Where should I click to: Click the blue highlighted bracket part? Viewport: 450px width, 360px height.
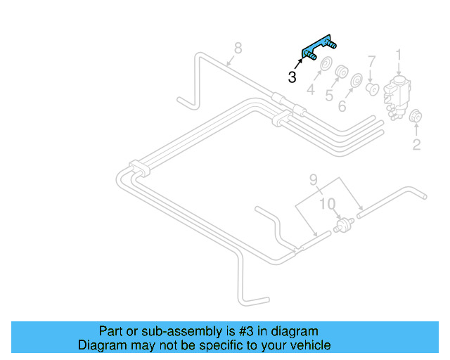click(x=319, y=48)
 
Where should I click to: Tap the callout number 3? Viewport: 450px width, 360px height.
click(x=292, y=77)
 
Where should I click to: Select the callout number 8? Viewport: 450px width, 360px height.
click(x=238, y=48)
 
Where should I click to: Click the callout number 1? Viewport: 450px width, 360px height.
click(x=399, y=55)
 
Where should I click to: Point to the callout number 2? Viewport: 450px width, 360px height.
click(x=416, y=145)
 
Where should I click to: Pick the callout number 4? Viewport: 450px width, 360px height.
click(x=310, y=90)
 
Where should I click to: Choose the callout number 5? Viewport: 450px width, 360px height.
click(x=328, y=95)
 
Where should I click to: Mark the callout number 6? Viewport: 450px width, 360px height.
click(x=342, y=106)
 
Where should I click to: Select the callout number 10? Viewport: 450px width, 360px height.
click(x=328, y=204)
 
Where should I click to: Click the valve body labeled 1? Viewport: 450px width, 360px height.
click(x=399, y=92)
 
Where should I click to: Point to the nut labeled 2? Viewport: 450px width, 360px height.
click(x=415, y=117)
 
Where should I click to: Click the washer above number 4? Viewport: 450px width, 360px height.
click(x=326, y=67)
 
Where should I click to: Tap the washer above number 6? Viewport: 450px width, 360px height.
click(x=356, y=81)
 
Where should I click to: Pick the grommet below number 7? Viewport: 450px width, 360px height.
click(x=373, y=89)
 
